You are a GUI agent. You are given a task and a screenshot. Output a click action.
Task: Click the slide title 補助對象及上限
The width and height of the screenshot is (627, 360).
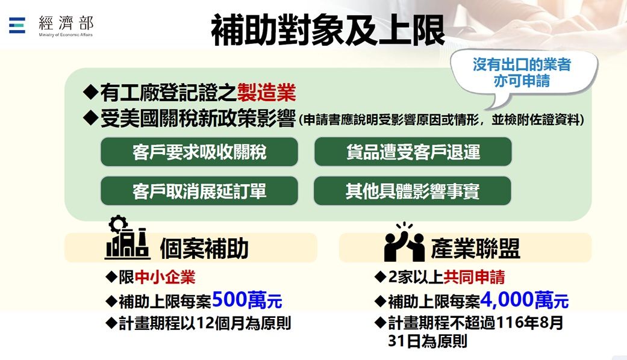pyautogui.click(x=328, y=30)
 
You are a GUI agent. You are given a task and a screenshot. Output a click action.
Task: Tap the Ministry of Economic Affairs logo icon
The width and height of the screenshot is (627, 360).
pyautogui.click(x=17, y=25)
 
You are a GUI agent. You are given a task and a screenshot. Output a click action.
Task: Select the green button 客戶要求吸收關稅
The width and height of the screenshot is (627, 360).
pyautogui.click(x=199, y=152)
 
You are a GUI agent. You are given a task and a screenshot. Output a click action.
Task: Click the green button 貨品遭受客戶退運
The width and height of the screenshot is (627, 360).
pyautogui.click(x=413, y=152)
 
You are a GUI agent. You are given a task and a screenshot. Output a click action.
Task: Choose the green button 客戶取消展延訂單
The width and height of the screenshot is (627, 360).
pyautogui.click(x=199, y=191)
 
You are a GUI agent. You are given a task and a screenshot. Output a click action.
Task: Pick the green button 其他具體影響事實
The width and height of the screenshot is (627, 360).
pyautogui.click(x=412, y=191)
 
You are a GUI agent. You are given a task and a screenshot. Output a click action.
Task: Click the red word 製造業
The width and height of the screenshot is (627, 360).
pyautogui.click(x=266, y=93)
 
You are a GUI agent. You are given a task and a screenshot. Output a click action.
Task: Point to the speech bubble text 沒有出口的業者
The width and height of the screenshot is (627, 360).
pyautogui.click(x=522, y=64)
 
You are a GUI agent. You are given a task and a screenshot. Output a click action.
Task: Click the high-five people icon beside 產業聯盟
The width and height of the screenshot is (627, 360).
pyautogui.click(x=404, y=241)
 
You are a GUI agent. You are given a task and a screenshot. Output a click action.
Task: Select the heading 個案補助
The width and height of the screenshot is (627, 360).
pyautogui.click(x=204, y=249)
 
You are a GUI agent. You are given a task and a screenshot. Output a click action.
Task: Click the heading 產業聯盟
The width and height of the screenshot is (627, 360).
pyautogui.click(x=475, y=249)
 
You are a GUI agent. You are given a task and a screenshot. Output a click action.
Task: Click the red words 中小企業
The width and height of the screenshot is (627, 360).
pyautogui.click(x=165, y=277)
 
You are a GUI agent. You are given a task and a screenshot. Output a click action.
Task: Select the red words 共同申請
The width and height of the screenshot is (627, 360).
pyautogui.click(x=474, y=277)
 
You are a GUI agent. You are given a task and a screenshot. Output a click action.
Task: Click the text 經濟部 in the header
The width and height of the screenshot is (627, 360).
pyautogui.click(x=66, y=23)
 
